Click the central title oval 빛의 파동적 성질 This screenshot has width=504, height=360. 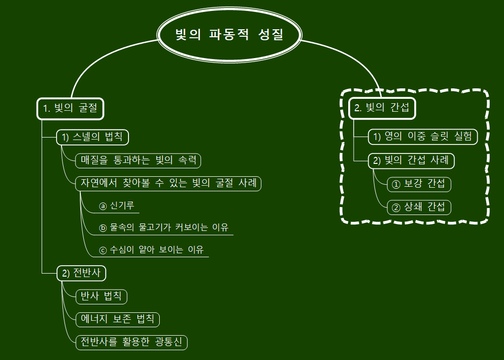(x=229, y=35)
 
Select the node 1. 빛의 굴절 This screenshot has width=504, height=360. (x=70, y=108)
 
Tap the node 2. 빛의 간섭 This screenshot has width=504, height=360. (x=382, y=108)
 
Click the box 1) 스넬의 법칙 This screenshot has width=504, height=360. (x=93, y=137)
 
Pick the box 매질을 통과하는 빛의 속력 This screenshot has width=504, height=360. (x=138, y=160)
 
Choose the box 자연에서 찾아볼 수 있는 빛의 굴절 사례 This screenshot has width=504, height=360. (x=168, y=183)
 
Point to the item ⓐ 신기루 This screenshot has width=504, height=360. (x=117, y=206)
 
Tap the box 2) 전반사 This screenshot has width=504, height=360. (x=82, y=273)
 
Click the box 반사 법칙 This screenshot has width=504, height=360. (x=101, y=296)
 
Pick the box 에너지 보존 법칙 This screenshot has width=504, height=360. (x=117, y=319)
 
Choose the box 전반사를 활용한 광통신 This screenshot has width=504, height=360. (x=131, y=342)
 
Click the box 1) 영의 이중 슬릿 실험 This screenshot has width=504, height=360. (x=423, y=137)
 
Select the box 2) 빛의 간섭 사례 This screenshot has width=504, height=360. (x=411, y=160)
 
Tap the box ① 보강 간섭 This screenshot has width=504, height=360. (x=419, y=184)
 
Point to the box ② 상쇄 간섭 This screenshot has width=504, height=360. (x=419, y=207)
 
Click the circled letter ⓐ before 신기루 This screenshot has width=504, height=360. (x=103, y=206)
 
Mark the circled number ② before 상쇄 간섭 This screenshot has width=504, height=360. (x=396, y=208)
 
